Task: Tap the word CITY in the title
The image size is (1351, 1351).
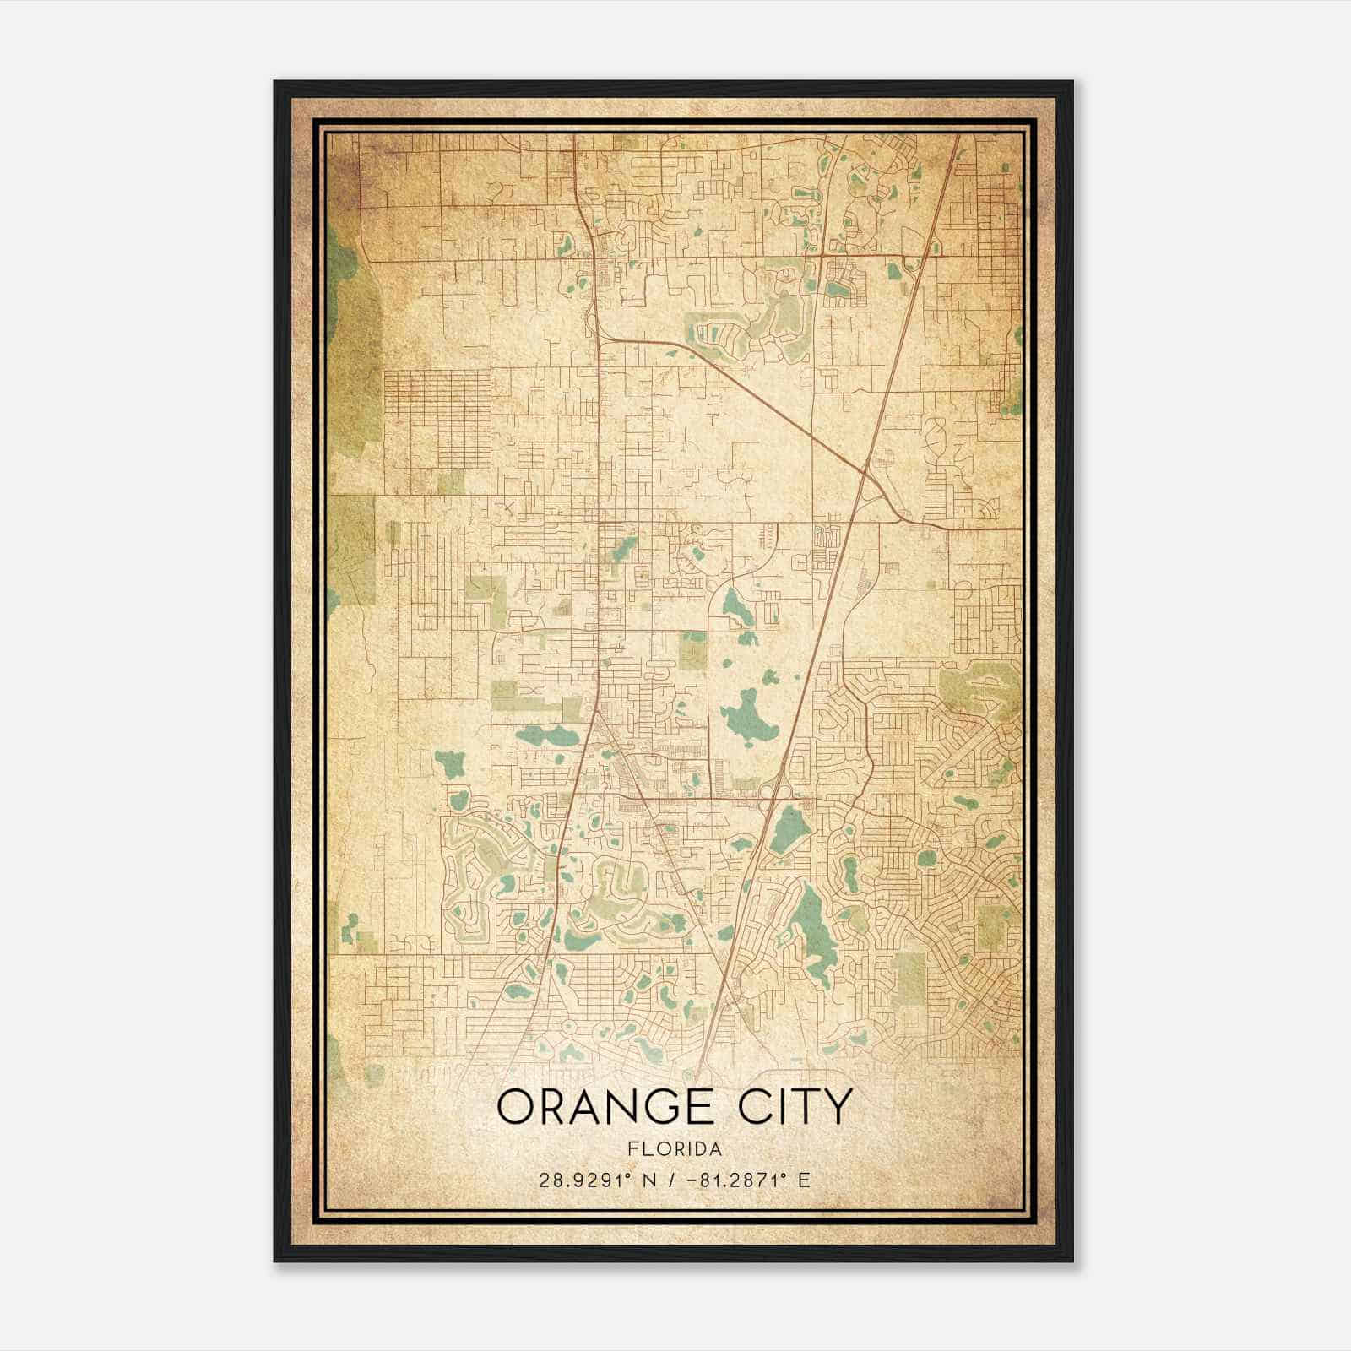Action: click(x=794, y=1107)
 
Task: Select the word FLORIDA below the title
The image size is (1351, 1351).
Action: click(x=675, y=1149)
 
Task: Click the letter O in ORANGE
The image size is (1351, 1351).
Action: click(x=516, y=1107)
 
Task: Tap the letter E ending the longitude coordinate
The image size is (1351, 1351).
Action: click(x=804, y=1180)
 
